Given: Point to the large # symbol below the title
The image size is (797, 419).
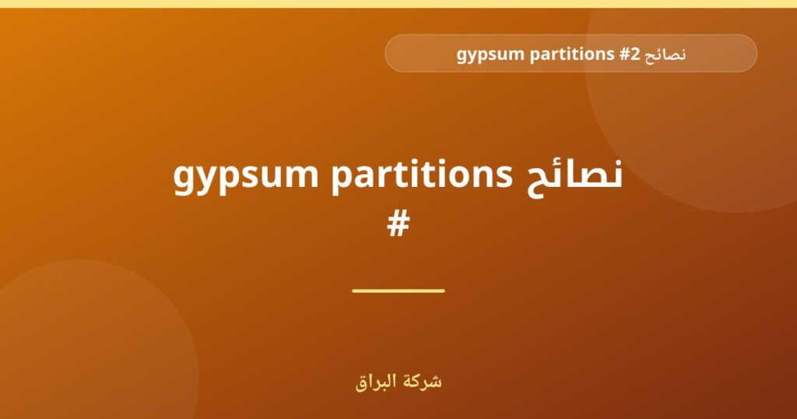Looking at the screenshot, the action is coord(398,225).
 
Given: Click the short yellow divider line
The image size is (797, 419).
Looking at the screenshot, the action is coord(398,290).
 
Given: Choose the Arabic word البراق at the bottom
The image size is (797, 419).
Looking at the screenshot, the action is coord(374,382).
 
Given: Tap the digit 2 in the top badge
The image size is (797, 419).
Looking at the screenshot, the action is coord(635,54).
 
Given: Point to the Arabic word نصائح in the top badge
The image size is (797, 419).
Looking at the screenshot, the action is coord(665,55).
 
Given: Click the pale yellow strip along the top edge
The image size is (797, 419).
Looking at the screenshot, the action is coord(398,4).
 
